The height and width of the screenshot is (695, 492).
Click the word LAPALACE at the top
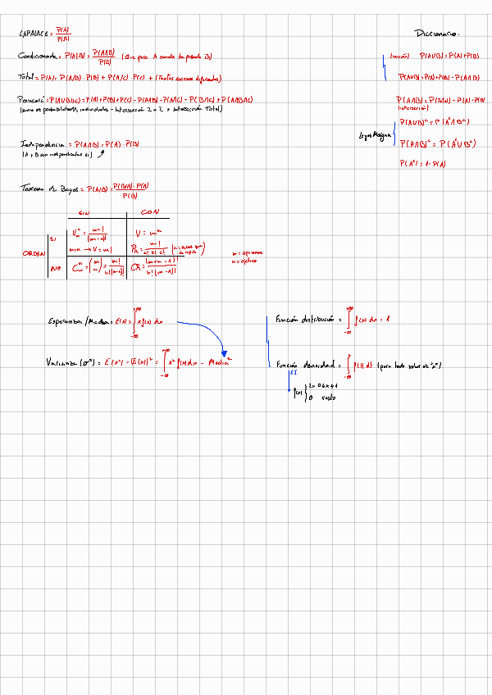[x=34, y=34]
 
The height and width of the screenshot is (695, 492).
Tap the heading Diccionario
[x=438, y=34]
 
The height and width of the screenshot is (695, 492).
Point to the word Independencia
[x=44, y=143]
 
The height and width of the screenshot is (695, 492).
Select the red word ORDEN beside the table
[x=32, y=253]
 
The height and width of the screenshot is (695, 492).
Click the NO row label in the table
[x=55, y=268]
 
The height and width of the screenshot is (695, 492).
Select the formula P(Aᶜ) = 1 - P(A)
[x=422, y=164]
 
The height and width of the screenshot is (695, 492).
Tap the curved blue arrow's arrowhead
[x=224, y=353]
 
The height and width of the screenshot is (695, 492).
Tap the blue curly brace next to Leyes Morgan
[x=394, y=133]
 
